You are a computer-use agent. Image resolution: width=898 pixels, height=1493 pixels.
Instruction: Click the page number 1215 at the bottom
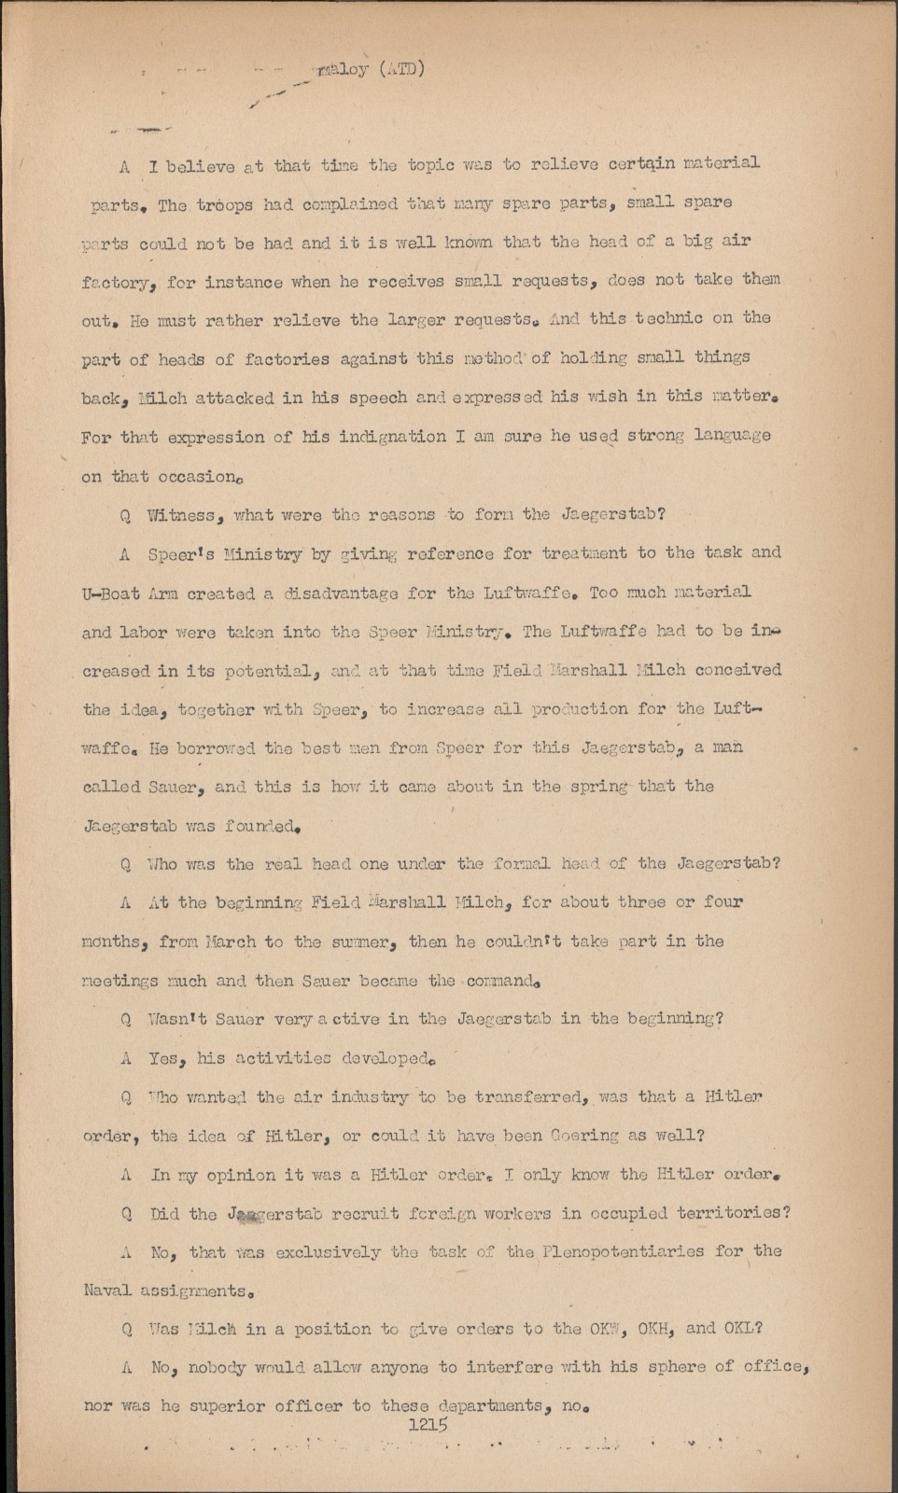(x=428, y=1425)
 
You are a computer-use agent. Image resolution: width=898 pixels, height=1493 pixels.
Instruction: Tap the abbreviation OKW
(x=610, y=1329)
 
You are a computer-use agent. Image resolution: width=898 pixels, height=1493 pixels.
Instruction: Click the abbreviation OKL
(x=742, y=1329)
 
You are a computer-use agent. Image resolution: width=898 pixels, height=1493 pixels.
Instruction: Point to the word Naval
(x=106, y=1291)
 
